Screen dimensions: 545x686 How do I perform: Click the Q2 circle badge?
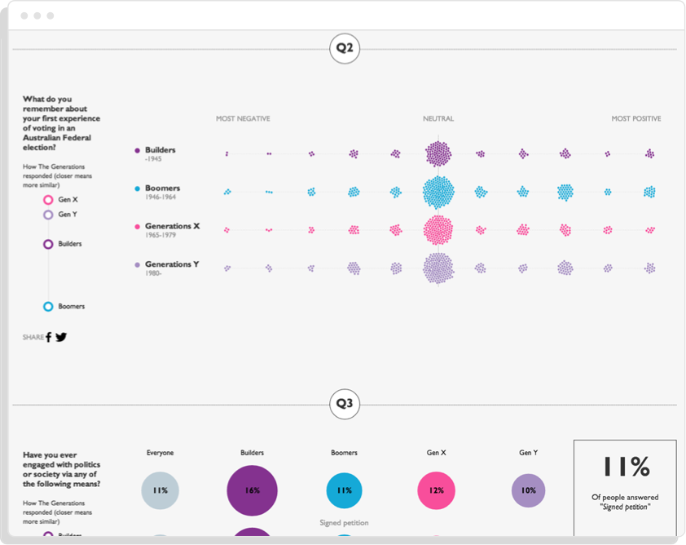coord(345,49)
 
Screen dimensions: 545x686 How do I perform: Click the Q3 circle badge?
coord(345,404)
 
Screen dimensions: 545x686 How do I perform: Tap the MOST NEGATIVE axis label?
coord(243,119)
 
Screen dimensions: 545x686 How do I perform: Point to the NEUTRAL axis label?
coord(438,119)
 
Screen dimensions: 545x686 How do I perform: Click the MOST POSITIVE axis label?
coord(636,119)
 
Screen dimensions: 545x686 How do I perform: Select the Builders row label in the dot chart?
coord(160,150)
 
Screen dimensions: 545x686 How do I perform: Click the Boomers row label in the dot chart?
coord(162,188)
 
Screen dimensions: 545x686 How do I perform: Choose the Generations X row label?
coord(172,226)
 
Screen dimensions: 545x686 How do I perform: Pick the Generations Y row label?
coord(172,264)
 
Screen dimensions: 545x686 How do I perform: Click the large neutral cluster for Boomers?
coord(438,193)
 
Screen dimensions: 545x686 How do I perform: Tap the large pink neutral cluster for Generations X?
coord(438,230)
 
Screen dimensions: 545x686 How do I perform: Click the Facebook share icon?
coord(48,337)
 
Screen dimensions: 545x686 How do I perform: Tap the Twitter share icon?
coord(61,337)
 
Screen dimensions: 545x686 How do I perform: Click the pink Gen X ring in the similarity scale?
coord(48,199)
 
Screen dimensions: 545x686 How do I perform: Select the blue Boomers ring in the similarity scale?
coord(48,307)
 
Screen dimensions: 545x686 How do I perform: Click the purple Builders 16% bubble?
coord(252,490)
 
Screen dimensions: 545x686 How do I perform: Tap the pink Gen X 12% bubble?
coord(436,490)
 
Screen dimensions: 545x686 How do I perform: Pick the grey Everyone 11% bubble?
coord(160,490)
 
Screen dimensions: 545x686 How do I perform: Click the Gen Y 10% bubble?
coord(528,490)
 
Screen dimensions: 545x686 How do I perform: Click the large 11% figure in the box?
coord(626,467)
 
